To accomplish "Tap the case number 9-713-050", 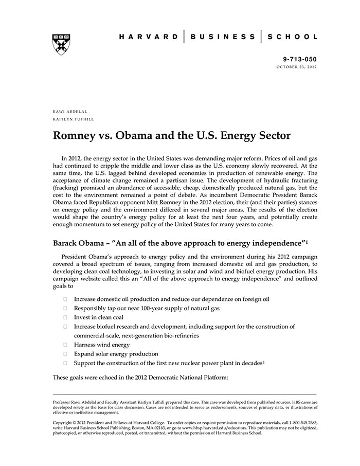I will click(300, 60).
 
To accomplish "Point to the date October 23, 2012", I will click(297, 67).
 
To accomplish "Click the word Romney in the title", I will click(77, 136).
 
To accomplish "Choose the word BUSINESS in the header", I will click(223, 37).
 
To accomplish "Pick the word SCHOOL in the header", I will click(293, 37).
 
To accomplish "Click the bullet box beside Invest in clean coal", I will click(65, 317).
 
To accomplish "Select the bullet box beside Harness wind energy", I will click(65, 345).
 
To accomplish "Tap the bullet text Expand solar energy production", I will click(116, 354).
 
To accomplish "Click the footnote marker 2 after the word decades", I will click(263, 362).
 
